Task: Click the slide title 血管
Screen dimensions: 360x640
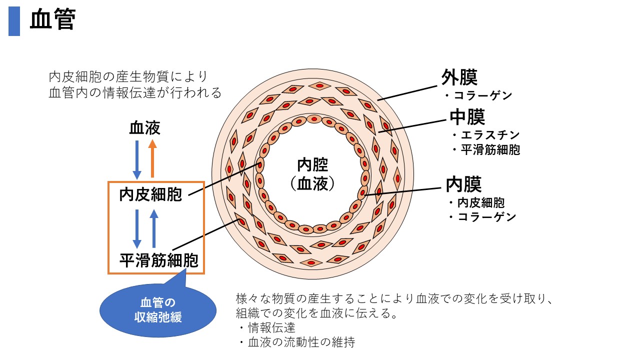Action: pos(52,21)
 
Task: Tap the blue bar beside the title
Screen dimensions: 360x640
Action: pos(14,21)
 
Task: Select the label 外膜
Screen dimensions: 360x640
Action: pos(459,77)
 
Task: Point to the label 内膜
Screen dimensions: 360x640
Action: pos(463,184)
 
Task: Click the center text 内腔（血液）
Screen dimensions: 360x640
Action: pos(312,174)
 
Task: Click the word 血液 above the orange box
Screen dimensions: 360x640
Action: pos(144,128)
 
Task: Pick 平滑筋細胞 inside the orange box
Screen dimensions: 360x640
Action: pos(158,260)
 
